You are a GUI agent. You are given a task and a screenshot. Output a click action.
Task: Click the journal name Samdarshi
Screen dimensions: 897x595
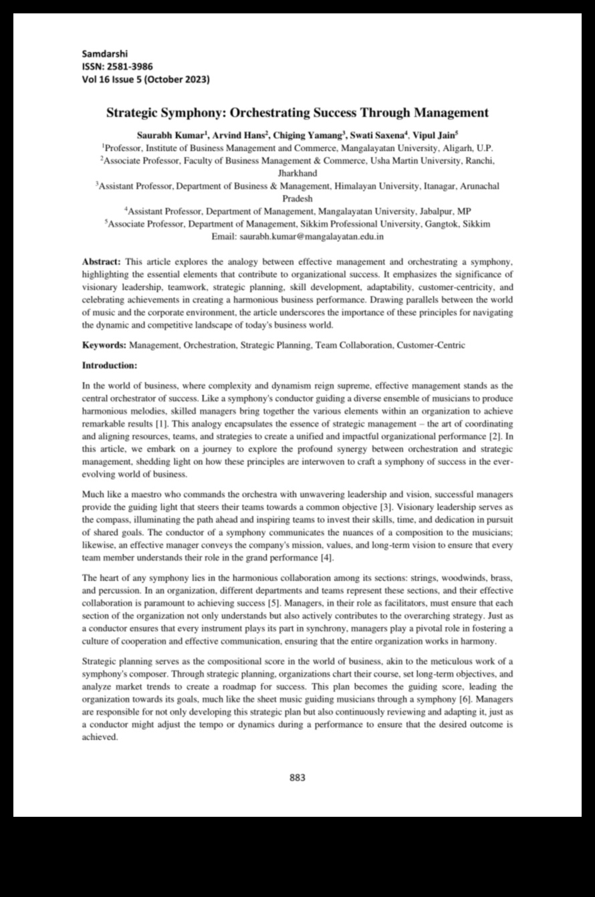tap(104, 53)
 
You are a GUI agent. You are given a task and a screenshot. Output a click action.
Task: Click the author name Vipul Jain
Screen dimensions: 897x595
tap(435, 134)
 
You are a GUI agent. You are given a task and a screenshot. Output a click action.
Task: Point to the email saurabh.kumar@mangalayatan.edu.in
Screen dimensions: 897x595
tap(316, 237)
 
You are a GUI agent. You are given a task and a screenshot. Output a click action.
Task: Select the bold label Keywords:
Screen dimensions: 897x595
tap(104, 345)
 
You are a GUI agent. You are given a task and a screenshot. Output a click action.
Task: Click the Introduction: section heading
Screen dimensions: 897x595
tap(110, 366)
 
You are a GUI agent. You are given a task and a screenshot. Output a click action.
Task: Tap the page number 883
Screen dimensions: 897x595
tap(297, 777)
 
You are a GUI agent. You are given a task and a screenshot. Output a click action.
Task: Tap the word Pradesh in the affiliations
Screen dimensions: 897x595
tap(297, 199)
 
